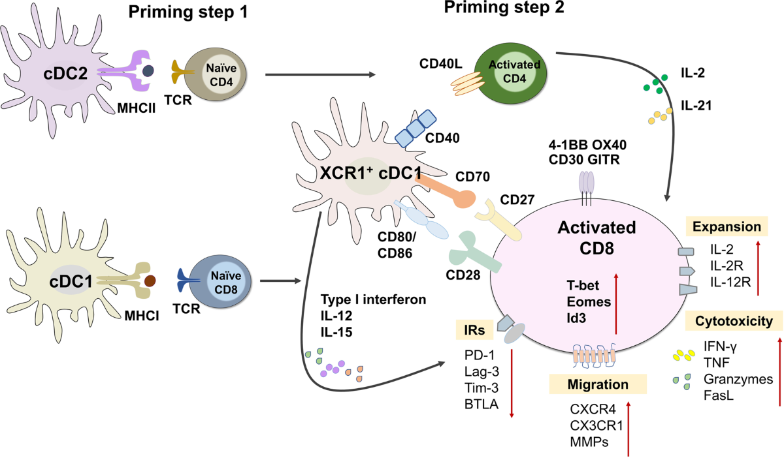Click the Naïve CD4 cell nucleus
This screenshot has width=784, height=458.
tap(221, 75)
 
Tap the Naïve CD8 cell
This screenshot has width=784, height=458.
tap(220, 281)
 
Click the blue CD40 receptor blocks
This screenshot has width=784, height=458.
tap(416, 129)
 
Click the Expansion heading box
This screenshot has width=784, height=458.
tap(727, 226)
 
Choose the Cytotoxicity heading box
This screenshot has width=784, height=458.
tap(734, 320)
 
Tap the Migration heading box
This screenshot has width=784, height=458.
tap(598, 384)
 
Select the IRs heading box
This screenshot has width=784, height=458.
tap(474, 329)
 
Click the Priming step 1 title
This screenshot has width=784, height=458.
tap(188, 12)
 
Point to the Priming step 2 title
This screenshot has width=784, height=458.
tap(504, 8)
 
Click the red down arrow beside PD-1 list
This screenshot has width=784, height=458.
tap(512, 383)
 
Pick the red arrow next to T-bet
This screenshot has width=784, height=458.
tap(616, 304)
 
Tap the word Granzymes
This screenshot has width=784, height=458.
tap(738, 379)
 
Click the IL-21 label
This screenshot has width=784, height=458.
tap(696, 105)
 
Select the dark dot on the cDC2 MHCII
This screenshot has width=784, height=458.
tap(148, 70)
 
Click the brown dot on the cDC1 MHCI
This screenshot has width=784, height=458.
tap(150, 281)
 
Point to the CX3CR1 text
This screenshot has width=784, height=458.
tap(596, 425)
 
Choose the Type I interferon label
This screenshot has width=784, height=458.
tap(374, 299)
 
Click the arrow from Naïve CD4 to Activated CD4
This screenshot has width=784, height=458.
tap(320, 74)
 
